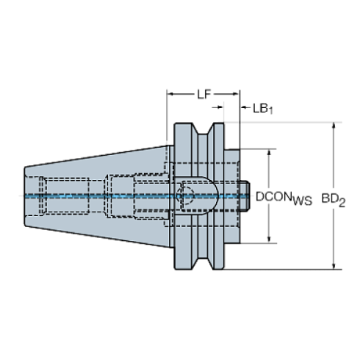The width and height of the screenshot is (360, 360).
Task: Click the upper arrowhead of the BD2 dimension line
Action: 334,127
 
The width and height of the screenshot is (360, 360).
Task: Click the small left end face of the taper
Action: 25,196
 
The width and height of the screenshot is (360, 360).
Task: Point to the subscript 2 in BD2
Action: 343,201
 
